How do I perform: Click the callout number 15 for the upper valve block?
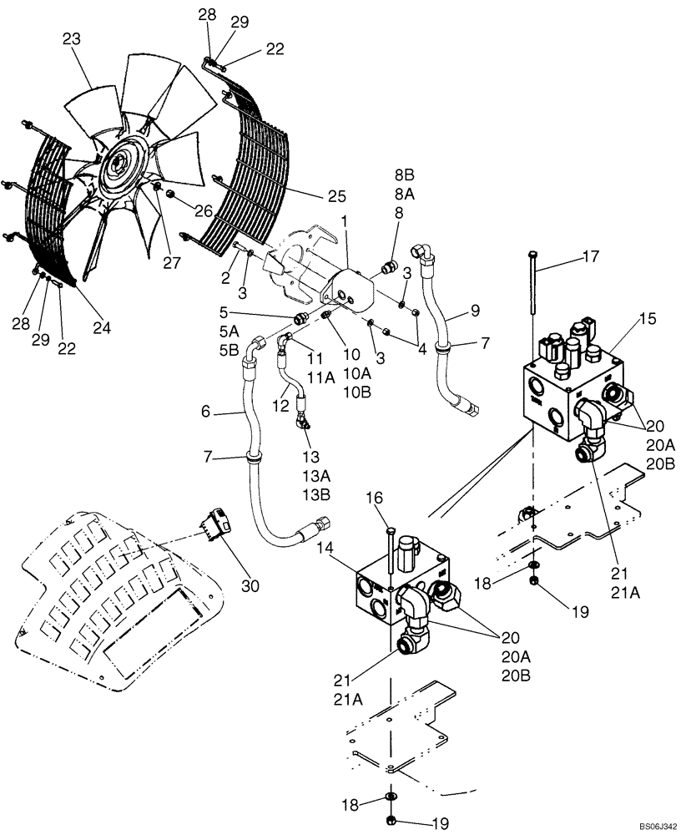pyautogui.click(x=624, y=318)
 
